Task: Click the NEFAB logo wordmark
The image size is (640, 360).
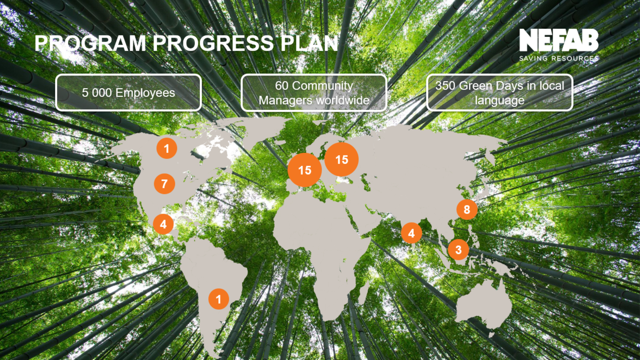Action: click(559, 40)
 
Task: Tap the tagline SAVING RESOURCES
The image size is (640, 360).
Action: click(559, 58)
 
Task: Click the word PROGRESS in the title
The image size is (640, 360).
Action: click(213, 43)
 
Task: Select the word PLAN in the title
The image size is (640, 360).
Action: click(309, 43)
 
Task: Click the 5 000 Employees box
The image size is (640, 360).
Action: click(128, 92)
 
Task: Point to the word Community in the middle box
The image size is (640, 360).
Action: click(322, 86)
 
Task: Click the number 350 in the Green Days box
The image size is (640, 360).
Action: click(445, 86)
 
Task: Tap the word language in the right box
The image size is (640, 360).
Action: click(499, 100)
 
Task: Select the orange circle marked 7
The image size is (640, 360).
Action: click(164, 184)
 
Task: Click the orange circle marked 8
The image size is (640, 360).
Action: click(467, 209)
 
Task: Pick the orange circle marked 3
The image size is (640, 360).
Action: click(458, 250)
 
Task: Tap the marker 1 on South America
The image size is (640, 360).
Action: click(219, 299)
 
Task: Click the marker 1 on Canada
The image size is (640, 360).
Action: click(167, 148)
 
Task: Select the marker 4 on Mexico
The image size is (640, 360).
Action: click(163, 224)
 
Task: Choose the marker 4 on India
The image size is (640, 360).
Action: click(411, 233)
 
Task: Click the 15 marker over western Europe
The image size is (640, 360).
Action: click(305, 170)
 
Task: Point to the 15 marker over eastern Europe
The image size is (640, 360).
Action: click(342, 160)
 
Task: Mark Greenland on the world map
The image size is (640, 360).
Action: click(263, 132)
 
